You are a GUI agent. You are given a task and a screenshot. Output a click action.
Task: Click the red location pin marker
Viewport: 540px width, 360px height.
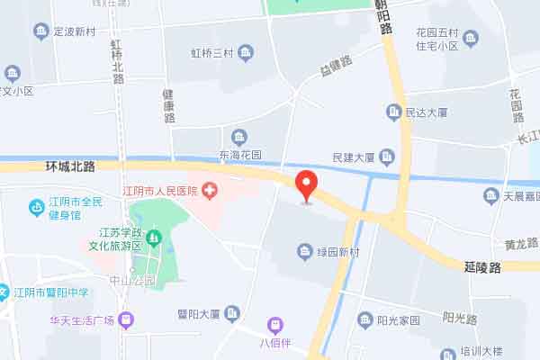click(x=306, y=184)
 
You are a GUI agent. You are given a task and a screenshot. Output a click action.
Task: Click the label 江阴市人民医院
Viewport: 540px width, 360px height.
click(x=160, y=190)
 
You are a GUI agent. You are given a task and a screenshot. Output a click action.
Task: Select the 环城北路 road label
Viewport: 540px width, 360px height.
click(x=70, y=166)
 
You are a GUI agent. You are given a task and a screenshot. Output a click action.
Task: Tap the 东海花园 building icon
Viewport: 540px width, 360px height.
click(x=238, y=137)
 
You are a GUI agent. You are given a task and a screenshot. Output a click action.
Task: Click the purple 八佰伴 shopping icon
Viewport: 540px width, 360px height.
click(x=274, y=324)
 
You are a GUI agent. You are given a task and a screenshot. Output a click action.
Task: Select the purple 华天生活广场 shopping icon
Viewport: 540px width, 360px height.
click(x=126, y=318)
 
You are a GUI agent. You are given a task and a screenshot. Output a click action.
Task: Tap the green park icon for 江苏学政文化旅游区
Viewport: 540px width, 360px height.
click(x=154, y=238)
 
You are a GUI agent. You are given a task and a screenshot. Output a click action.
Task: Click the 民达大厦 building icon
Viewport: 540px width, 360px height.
click(x=393, y=112)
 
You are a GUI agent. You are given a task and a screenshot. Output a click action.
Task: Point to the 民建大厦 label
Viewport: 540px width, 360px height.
click(x=353, y=157)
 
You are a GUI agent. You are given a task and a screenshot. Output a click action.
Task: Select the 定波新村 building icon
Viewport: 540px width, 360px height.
click(x=40, y=31)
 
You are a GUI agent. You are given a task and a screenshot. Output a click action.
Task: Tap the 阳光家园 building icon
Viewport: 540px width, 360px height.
click(x=364, y=320)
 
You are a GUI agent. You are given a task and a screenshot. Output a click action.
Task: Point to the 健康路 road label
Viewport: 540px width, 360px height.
click(x=168, y=105)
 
